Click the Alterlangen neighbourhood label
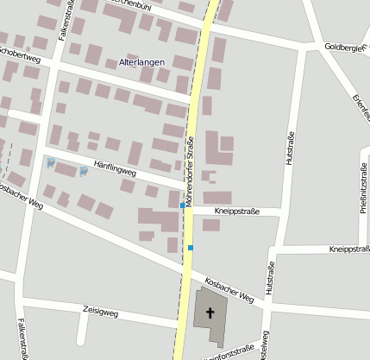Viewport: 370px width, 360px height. [x=141, y=63]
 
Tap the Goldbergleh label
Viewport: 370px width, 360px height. [x=346, y=47]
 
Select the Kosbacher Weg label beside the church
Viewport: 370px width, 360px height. [x=229, y=290]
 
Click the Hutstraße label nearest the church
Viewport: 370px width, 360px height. [x=269, y=279]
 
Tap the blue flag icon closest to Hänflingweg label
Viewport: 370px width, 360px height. [x=84, y=171]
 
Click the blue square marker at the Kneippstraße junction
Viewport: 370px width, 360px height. [x=183, y=208]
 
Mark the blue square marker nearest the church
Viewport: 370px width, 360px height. [x=191, y=249]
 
